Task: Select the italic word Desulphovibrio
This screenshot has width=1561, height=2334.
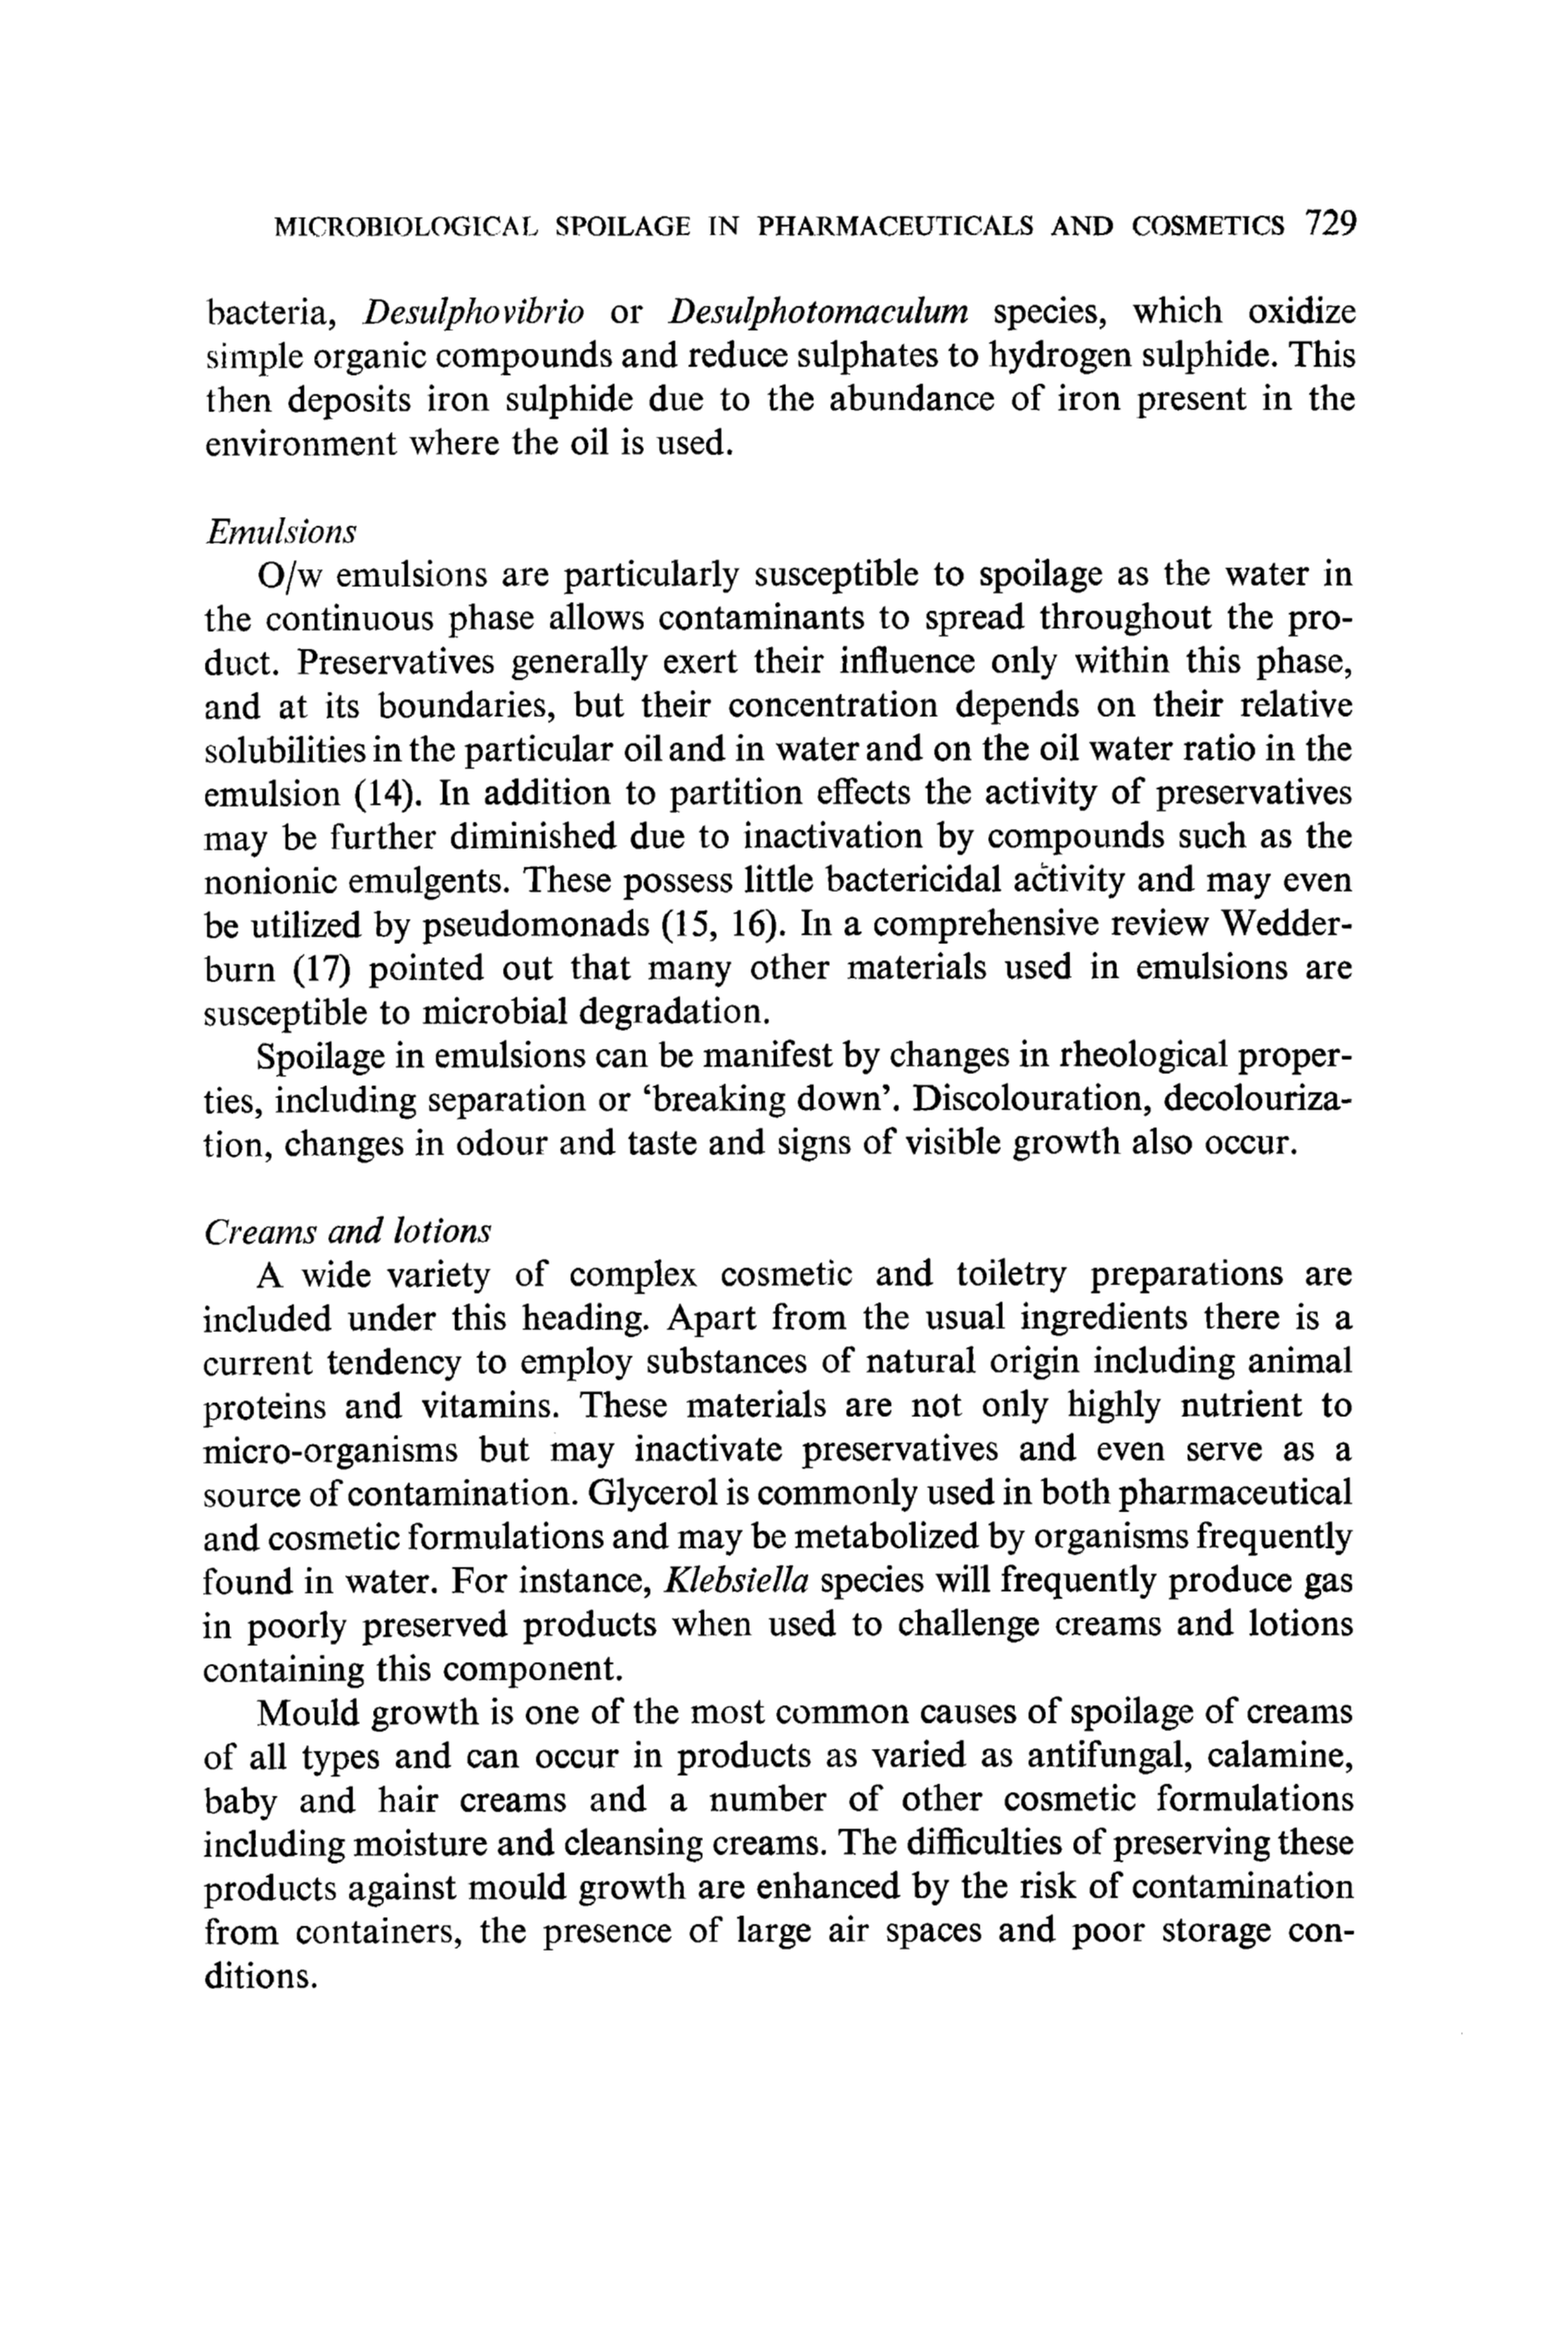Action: (473, 312)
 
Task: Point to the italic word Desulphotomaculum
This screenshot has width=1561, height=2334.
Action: (818, 312)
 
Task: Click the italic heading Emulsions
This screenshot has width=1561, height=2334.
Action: (279, 533)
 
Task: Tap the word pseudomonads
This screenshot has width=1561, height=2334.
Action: (537, 925)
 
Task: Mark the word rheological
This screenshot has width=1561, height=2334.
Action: (1152, 1056)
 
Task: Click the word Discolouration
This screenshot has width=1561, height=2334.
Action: (1028, 1100)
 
